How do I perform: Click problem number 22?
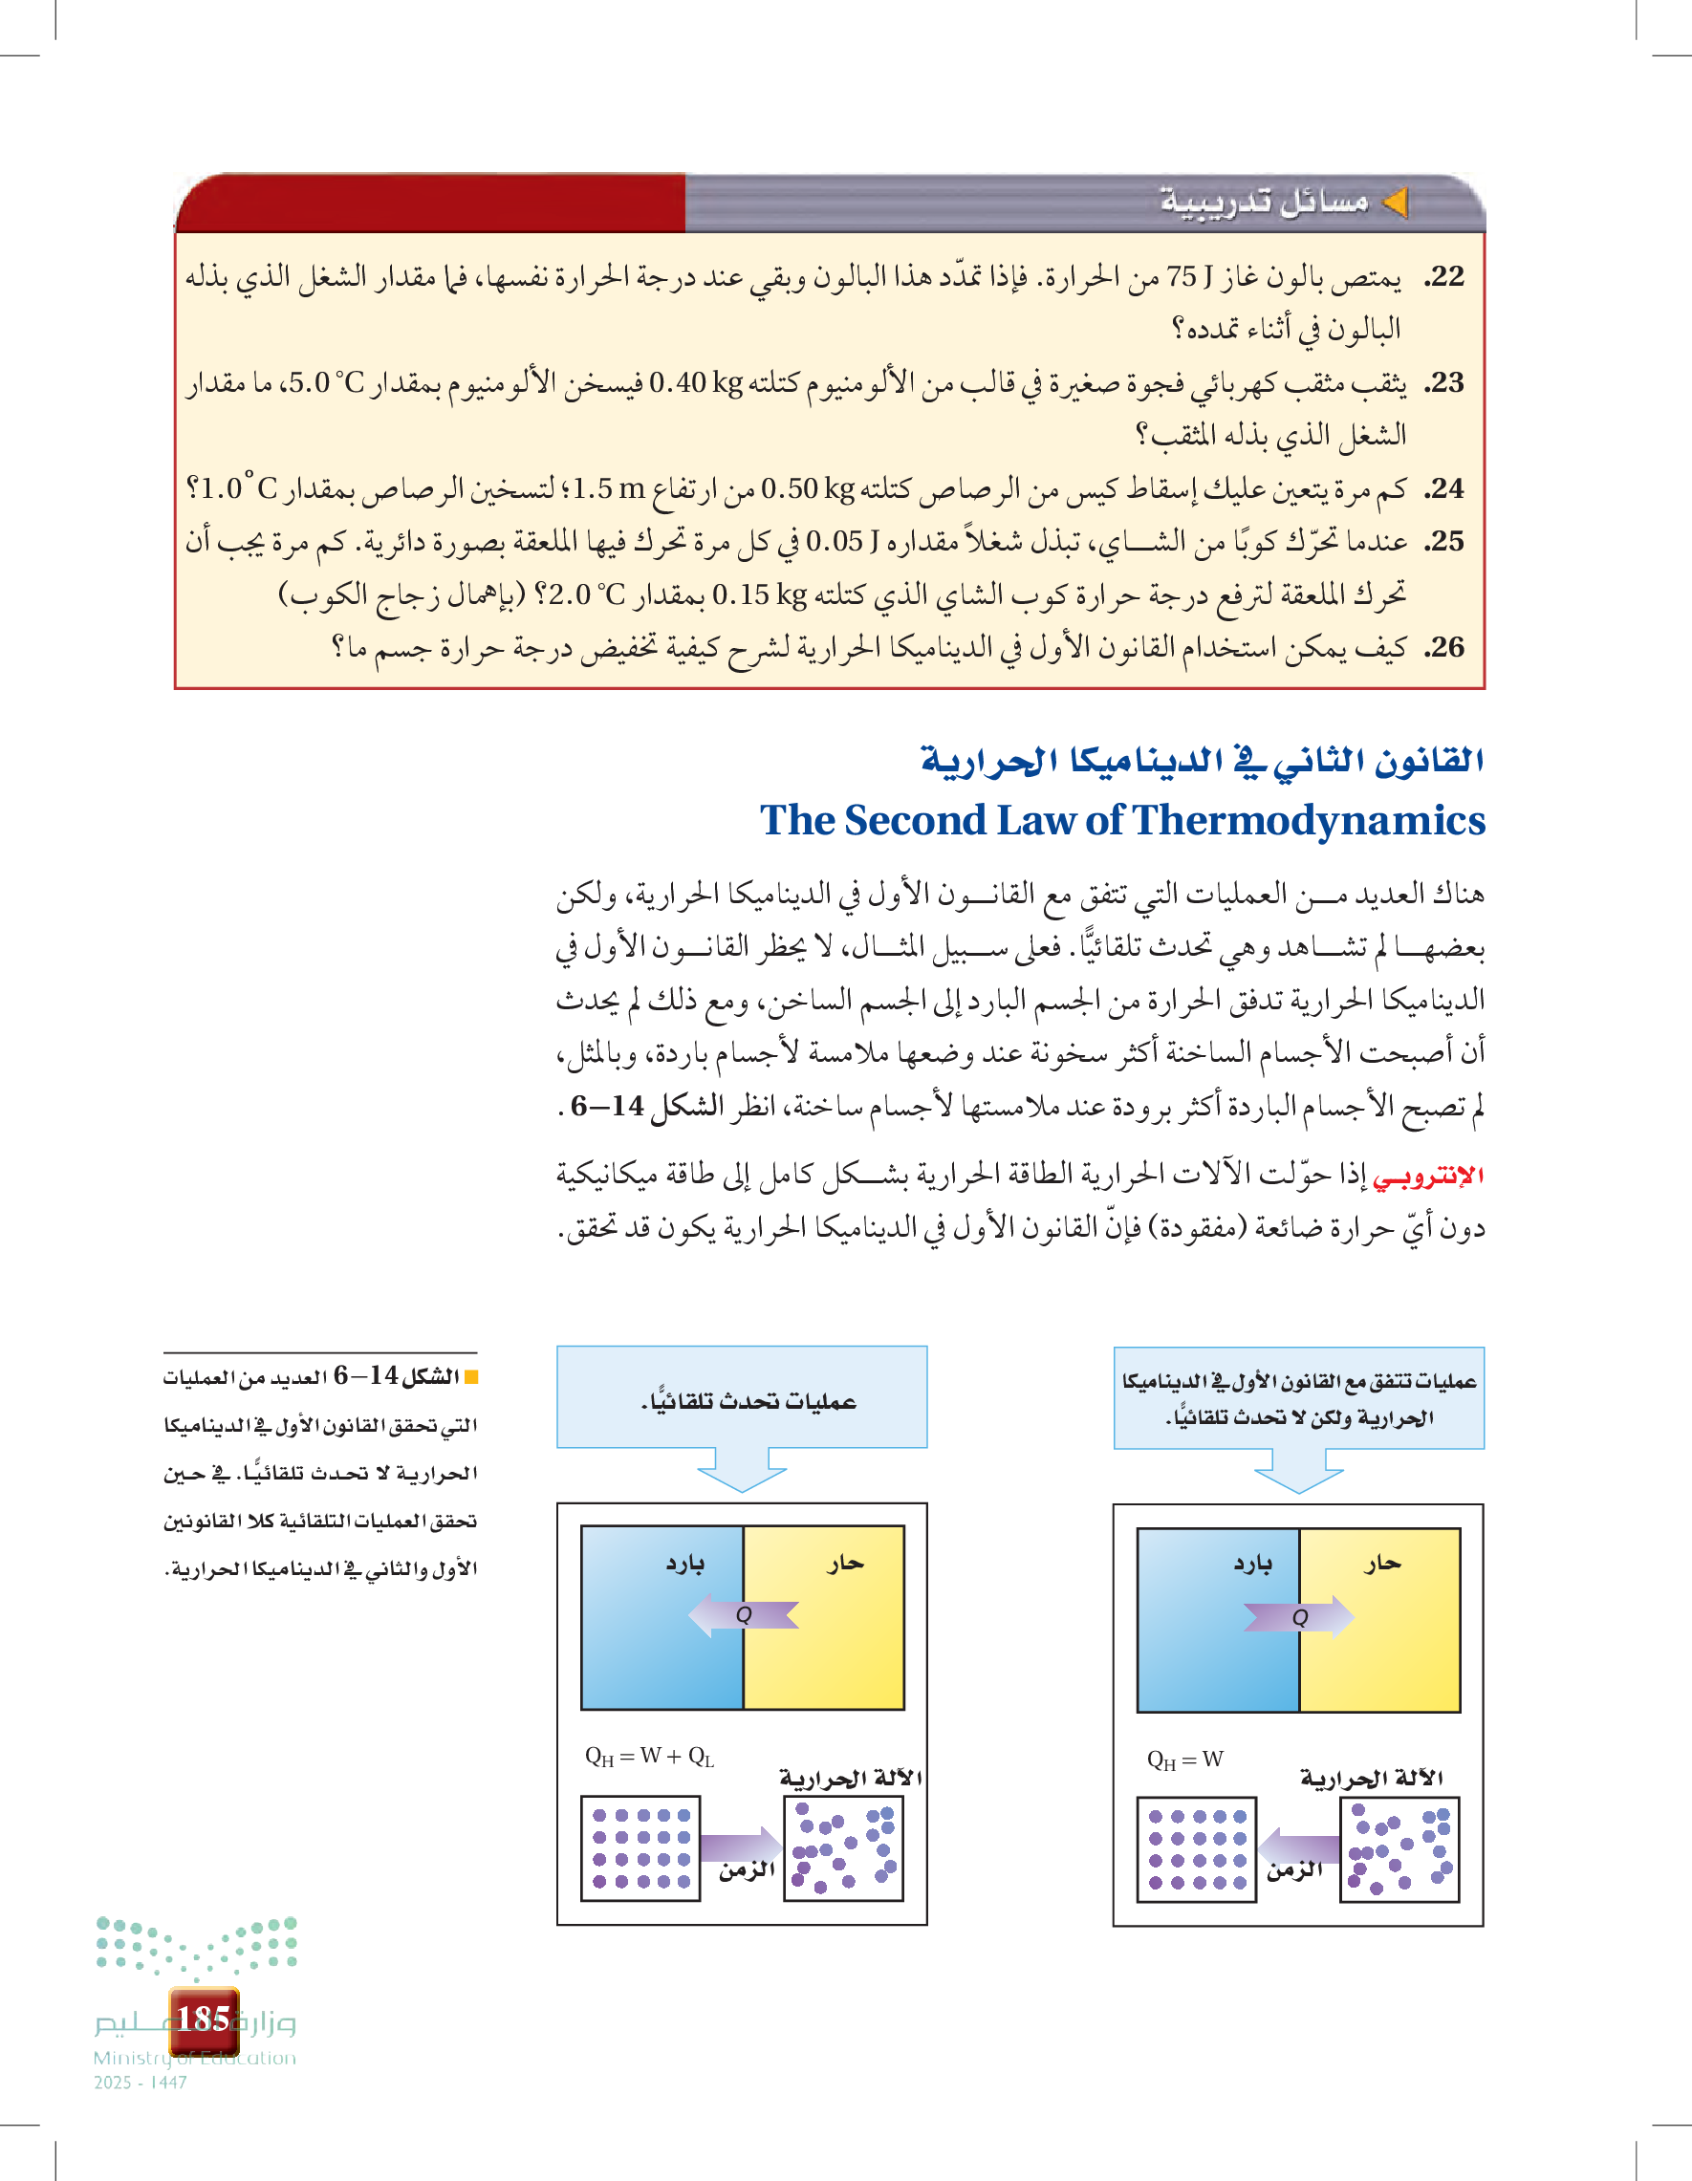coord(1444,276)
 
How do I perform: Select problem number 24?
coord(1444,489)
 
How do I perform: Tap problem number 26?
coord(1444,648)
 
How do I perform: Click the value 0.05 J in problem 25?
coord(842,542)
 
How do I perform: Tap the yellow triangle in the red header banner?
coord(1395,203)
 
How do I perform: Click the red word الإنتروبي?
coord(1428,1177)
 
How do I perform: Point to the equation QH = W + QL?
coord(649,1757)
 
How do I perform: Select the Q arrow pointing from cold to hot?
coord(1299,1617)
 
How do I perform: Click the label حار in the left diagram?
coord(845,1564)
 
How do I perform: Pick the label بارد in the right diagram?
coord(1252,1565)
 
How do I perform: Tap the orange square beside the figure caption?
coord(471,1378)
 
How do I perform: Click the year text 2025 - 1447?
coord(140,2083)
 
